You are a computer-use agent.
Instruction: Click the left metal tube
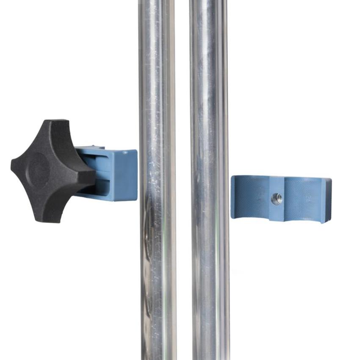click(157, 254)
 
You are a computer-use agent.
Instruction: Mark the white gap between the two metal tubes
click(183, 254)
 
